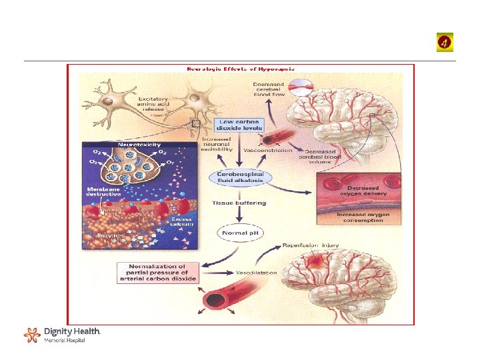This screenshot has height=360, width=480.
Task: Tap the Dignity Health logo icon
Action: point(31,335)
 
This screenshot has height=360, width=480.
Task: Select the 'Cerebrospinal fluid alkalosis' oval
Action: point(241,177)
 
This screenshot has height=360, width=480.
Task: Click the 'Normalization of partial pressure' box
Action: point(158,272)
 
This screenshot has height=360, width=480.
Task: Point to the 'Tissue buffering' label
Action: point(239,203)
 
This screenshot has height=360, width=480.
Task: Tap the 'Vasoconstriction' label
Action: point(268,151)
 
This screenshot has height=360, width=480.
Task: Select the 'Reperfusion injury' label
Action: point(311,245)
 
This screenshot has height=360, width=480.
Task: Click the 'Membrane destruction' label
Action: point(103,193)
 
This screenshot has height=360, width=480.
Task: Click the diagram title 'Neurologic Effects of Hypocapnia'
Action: point(240,68)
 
